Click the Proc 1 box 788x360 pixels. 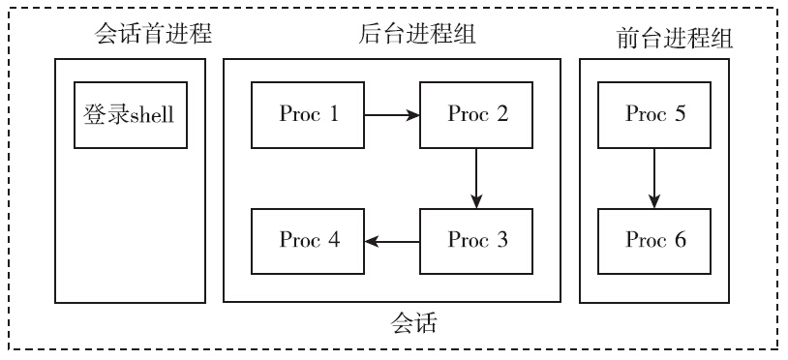[x=308, y=115]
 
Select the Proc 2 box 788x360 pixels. [x=476, y=115]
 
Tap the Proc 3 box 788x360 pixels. [x=476, y=241]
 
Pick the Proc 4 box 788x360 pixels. [x=308, y=241]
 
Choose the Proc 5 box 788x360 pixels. [x=654, y=115]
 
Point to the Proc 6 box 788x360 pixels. [x=654, y=241]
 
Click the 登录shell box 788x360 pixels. [x=130, y=115]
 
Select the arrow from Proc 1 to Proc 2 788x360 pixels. [x=391, y=115]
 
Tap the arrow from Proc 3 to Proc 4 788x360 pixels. [x=391, y=241]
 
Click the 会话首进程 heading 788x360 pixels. [x=153, y=36]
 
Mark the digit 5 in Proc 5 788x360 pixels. [x=680, y=115]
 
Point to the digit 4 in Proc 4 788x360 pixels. [x=333, y=241]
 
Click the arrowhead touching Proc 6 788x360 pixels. [x=654, y=201]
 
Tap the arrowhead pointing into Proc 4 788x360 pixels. [x=371, y=241]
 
